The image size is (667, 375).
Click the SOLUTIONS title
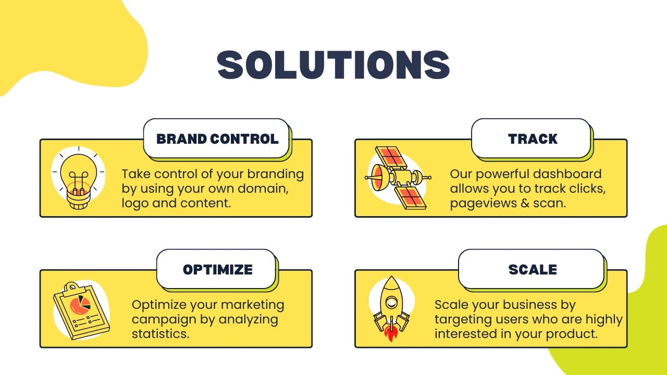coord(333,65)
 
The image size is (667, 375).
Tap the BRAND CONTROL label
coord(217,139)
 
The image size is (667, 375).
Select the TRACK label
coord(533,139)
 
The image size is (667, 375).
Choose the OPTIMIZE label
coord(218,270)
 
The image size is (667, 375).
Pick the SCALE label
coord(533,270)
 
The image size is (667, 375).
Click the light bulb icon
coord(78,178)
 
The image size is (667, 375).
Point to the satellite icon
coord(398,178)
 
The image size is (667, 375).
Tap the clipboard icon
coord(81,311)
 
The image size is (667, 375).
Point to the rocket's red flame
coord(391,333)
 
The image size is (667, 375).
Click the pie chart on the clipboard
coord(80,305)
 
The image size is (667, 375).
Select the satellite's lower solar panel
coord(411,197)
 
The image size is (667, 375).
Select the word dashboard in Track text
coord(567,174)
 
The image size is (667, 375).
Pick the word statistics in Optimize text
coord(160,334)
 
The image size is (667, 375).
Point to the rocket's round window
coord(391,303)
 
